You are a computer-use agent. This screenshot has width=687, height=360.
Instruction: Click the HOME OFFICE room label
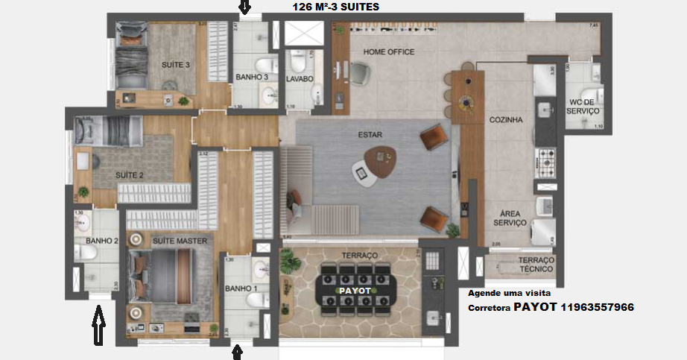click(388, 51)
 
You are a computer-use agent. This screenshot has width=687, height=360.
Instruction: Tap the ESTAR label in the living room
click(370, 135)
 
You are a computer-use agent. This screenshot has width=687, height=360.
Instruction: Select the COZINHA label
click(505, 119)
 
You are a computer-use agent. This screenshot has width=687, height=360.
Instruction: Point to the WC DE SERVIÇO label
click(583, 106)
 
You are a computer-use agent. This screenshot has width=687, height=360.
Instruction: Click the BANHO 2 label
click(102, 241)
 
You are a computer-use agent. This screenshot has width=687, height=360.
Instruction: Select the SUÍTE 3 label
click(176, 65)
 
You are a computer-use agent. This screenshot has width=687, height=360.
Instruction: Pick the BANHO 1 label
click(240, 288)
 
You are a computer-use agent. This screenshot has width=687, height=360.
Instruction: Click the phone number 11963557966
click(598, 307)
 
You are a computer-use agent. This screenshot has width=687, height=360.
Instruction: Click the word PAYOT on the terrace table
click(356, 289)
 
